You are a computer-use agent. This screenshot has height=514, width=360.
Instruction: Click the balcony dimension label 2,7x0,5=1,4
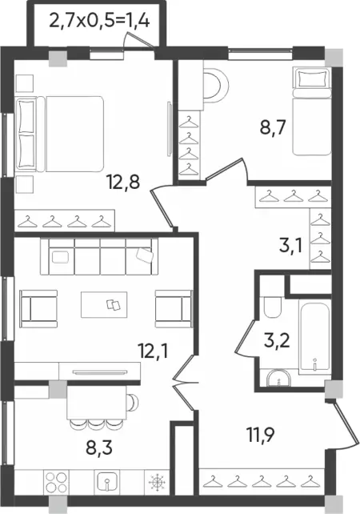[x=99, y=22]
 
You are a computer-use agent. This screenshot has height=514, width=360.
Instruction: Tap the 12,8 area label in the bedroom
[x=123, y=182]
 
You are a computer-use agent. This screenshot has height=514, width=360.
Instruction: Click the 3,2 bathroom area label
[x=277, y=341]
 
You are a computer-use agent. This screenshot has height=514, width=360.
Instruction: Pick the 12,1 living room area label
[x=153, y=351]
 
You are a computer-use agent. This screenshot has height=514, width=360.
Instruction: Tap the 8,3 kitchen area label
[x=99, y=448]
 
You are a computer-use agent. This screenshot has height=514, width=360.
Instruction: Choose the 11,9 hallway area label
[x=261, y=435]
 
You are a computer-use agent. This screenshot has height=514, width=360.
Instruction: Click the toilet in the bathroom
[x=272, y=307]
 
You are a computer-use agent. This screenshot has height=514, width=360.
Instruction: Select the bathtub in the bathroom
[x=314, y=339]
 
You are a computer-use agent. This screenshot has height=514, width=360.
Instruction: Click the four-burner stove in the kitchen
[x=56, y=482]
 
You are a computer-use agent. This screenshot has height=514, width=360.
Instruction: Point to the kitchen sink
[x=106, y=482]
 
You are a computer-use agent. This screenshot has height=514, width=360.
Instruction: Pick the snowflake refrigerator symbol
[x=157, y=482]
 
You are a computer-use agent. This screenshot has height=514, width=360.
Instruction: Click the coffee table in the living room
[x=104, y=304]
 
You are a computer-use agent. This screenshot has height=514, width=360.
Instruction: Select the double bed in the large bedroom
[x=60, y=134]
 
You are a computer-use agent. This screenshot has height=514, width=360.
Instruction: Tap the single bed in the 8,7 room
[x=312, y=111]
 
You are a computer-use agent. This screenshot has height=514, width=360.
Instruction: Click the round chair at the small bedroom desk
[x=216, y=86]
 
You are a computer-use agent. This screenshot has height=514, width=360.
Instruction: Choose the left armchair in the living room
[x=38, y=309]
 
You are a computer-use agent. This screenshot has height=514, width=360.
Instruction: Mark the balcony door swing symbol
[x=138, y=42]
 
